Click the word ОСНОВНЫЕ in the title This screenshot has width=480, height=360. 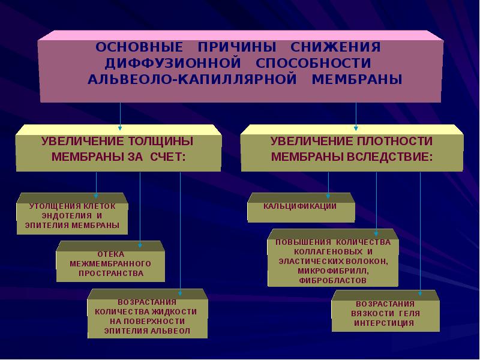[x=139, y=47]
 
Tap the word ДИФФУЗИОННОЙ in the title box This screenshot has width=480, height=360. [x=173, y=64]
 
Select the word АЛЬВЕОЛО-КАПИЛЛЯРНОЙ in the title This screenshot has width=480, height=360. [x=192, y=79]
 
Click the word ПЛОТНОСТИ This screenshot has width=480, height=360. [x=395, y=141]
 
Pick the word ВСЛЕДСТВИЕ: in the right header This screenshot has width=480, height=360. [x=390, y=157]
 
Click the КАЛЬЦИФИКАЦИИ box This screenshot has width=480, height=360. [x=301, y=208]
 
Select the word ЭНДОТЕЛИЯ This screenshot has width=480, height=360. [x=67, y=215]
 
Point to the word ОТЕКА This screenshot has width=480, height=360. [x=111, y=254]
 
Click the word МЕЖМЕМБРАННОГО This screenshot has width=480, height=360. [x=110, y=263]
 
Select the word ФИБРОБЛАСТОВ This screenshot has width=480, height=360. [x=333, y=280]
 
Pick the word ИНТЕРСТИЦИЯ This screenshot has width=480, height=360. [x=384, y=323]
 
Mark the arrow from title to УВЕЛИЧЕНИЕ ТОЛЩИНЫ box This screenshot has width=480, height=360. [x=120, y=116]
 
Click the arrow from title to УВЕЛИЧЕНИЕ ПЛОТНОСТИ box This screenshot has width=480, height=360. [x=356, y=116]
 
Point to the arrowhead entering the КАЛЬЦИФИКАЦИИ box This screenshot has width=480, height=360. [x=328, y=197]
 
